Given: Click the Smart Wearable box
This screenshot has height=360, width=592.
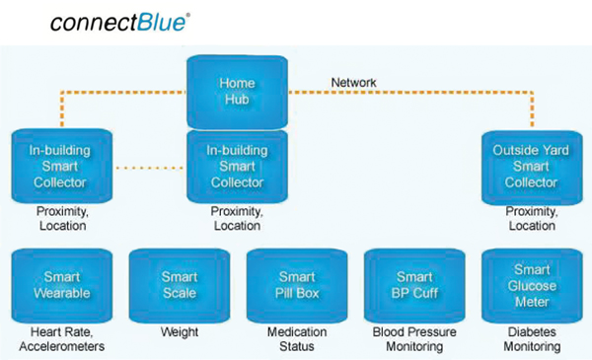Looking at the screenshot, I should point(58,285).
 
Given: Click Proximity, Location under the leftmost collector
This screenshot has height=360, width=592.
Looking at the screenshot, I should point(57,219).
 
